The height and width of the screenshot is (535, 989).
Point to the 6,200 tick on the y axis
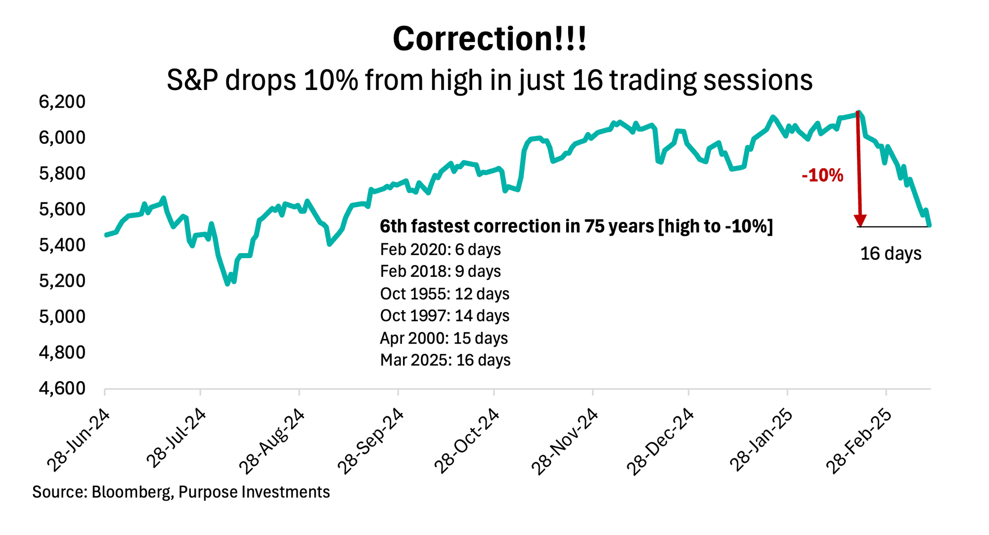coord(62,102)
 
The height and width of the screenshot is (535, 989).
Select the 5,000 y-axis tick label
coord(62,316)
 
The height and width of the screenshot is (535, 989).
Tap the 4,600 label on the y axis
coord(62,388)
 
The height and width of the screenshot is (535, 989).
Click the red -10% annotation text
coord(822,176)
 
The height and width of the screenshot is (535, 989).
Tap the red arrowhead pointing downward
coord(860,221)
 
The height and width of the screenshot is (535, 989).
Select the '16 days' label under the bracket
coord(891,254)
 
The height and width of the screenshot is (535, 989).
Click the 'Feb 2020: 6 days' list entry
coord(440,250)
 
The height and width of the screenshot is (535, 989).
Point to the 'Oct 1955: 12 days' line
coord(445,294)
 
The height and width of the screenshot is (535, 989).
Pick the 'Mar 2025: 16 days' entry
coord(445,360)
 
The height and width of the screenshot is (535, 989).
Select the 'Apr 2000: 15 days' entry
coord(444,338)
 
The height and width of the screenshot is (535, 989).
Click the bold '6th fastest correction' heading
coord(576,226)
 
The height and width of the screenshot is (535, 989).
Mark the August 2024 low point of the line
coord(227,284)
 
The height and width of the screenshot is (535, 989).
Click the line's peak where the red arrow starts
coord(858,113)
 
